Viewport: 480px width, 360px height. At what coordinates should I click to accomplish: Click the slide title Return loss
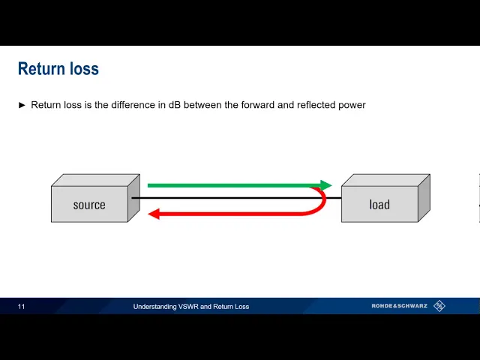click(x=58, y=69)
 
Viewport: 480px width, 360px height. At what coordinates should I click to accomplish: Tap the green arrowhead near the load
click(x=325, y=185)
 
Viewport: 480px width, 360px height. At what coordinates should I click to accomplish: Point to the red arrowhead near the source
click(x=154, y=214)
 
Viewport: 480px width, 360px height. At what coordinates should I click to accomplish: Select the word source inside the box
click(x=89, y=205)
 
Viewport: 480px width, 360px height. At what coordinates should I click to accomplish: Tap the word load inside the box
click(x=379, y=205)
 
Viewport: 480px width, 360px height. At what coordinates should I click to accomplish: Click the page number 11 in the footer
click(x=22, y=306)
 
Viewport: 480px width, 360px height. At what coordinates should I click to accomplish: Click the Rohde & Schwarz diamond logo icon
click(x=439, y=305)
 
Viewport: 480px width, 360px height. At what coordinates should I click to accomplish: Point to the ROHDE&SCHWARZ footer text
click(x=400, y=306)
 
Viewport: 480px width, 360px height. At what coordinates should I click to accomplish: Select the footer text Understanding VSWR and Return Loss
click(x=191, y=306)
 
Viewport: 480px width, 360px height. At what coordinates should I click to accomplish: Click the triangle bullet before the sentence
click(x=22, y=105)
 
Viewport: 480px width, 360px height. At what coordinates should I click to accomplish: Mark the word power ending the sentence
click(x=350, y=106)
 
